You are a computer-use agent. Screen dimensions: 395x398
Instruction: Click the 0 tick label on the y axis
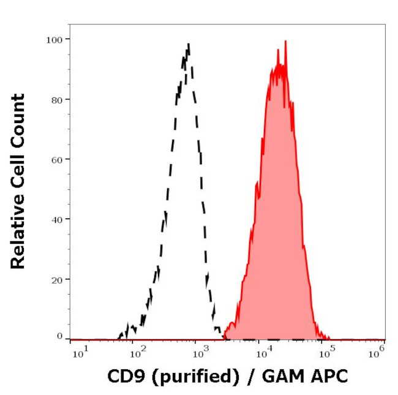coord(59,336)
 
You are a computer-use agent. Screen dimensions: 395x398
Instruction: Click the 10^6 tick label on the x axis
coord(378,350)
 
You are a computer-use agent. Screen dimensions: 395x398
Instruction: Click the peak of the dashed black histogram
coord(189,44)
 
